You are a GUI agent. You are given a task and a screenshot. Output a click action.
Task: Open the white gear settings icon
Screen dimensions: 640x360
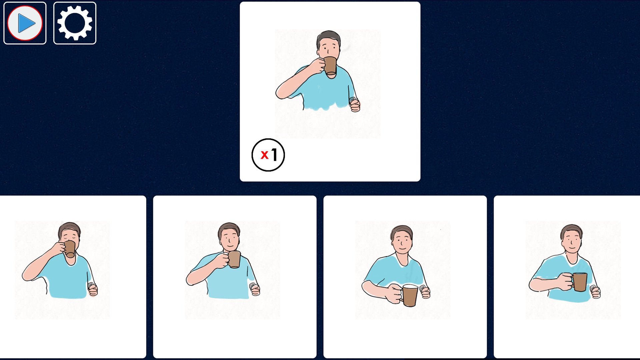75,23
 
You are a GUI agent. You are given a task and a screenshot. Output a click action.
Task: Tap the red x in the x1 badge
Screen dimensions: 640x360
265,155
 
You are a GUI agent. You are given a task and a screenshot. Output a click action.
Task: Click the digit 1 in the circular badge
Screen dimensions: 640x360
274,155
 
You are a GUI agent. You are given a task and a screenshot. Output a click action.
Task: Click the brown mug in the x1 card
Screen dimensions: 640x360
330,66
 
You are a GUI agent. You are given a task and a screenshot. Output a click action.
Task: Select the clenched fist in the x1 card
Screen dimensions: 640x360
355,105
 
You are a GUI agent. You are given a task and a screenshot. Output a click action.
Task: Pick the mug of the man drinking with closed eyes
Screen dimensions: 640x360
70,249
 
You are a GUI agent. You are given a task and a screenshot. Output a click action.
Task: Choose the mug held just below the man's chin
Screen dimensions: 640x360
234,259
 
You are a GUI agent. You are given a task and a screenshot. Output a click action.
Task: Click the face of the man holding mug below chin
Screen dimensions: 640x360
229,239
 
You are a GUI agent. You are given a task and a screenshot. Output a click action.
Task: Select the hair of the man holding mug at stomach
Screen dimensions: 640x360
572,230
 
